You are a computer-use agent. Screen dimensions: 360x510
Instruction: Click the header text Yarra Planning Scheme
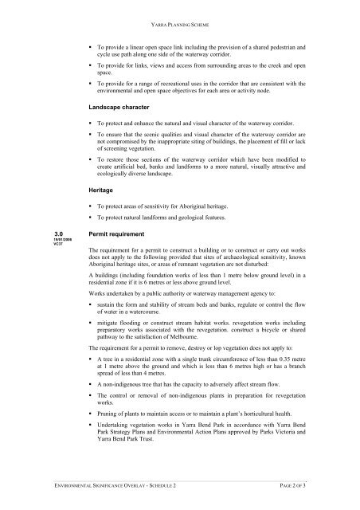[179, 13]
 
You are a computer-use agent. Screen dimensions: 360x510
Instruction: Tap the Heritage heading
[105, 191]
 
